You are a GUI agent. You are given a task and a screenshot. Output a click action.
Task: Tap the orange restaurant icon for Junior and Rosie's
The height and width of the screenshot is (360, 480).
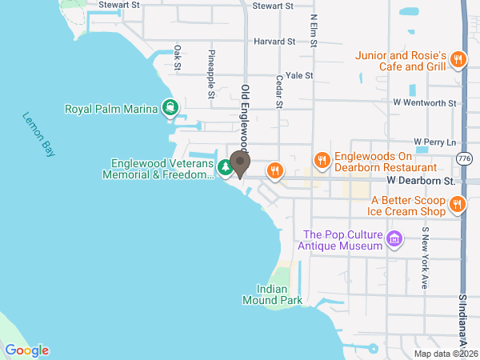(458, 58)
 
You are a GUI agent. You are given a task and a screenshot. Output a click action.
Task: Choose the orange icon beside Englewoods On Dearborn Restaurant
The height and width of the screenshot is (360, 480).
(322, 160)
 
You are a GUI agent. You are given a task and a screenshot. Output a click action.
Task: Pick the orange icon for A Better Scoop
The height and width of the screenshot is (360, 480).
(458, 204)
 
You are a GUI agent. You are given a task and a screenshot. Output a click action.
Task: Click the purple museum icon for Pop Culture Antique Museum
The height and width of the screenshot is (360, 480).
(394, 239)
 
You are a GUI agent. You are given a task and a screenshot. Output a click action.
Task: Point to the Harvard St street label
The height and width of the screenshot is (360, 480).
(274, 41)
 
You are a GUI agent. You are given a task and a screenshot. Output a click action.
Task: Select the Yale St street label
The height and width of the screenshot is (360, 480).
(298, 75)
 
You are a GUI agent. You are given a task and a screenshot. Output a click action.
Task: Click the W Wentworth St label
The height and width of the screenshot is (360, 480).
(423, 103)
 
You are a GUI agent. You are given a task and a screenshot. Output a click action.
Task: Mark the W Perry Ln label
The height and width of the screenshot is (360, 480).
(434, 141)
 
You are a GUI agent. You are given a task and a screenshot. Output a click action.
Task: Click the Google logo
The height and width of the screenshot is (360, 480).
(27, 350)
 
